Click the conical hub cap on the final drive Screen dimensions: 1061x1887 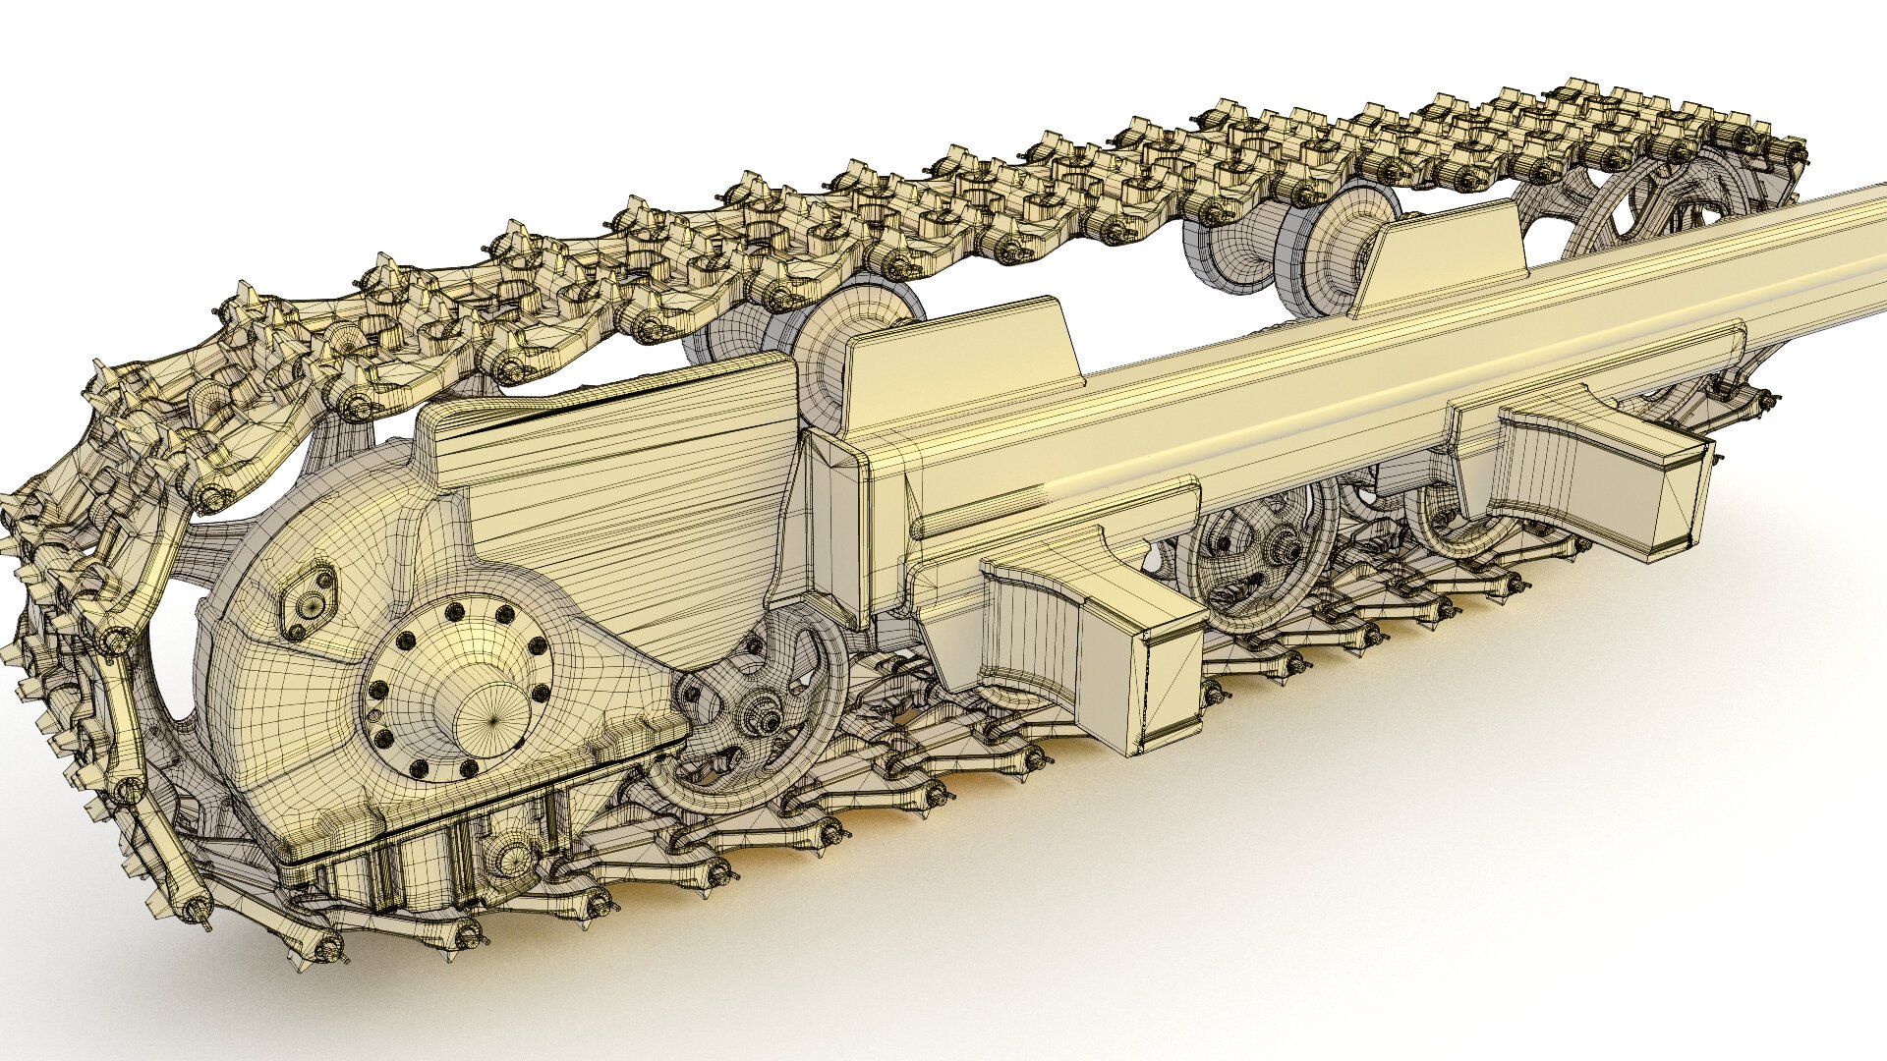491,705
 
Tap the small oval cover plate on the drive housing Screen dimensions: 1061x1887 308,601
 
